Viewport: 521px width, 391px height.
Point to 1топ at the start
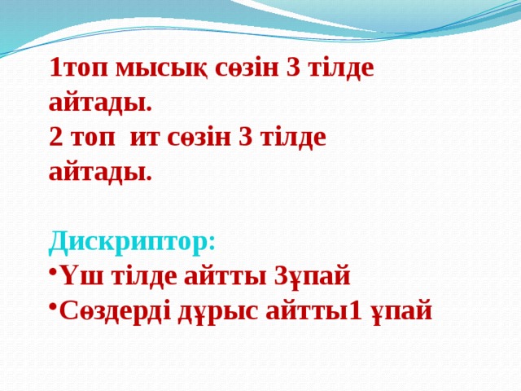click(79, 68)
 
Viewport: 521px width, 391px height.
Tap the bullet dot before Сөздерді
click(51, 310)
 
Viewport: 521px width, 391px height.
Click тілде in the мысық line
click(340, 69)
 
